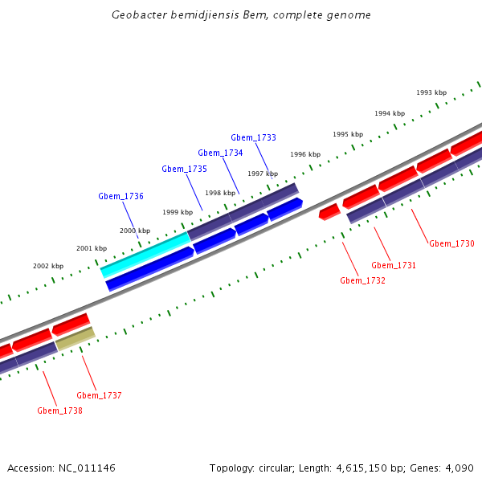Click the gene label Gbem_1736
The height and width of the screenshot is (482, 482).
coord(120,197)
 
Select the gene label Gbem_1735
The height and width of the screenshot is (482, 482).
coord(184,170)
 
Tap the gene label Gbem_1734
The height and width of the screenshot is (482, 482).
coord(220,153)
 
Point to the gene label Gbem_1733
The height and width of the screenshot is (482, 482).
coord(253,138)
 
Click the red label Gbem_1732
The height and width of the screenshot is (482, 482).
coord(362,281)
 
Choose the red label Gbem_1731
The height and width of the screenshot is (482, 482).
coord(394,266)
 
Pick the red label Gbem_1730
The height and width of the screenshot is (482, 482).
coord(451,244)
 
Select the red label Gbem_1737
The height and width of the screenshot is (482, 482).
coord(99,396)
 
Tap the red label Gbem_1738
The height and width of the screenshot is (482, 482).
coord(59,411)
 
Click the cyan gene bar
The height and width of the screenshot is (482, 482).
coord(145,254)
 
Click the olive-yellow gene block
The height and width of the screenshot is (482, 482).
coord(75,338)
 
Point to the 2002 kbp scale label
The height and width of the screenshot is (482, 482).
coord(48,266)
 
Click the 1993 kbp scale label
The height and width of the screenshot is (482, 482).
coord(431,93)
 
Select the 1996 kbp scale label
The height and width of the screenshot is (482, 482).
coord(305,154)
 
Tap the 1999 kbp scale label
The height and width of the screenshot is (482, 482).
coord(178,212)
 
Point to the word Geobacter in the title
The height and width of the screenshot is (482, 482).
coord(139,15)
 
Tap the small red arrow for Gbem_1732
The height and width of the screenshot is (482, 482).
coord(329,212)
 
